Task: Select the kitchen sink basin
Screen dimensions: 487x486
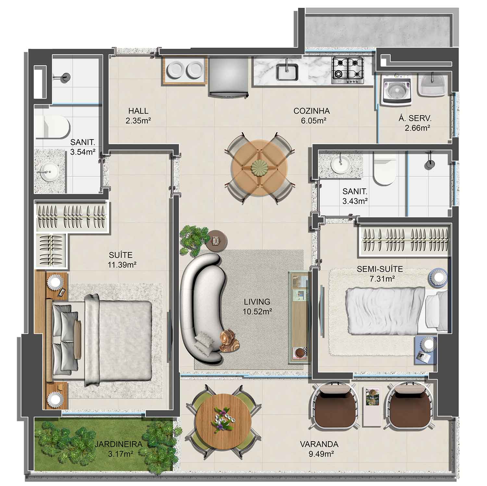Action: click(x=287, y=71)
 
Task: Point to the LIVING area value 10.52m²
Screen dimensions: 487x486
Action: click(x=257, y=312)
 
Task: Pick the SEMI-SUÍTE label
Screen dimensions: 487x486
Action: click(x=380, y=269)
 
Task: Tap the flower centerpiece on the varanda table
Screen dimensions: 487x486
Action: click(x=224, y=420)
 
